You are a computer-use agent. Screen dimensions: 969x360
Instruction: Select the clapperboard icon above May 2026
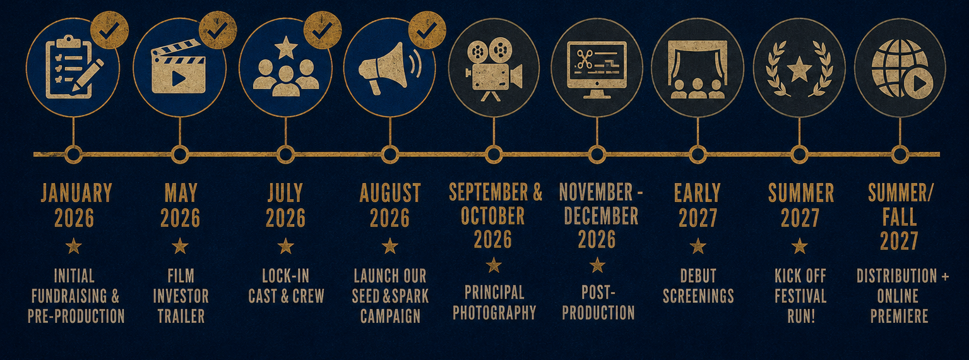178,66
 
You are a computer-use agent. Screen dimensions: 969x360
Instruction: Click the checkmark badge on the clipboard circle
109,30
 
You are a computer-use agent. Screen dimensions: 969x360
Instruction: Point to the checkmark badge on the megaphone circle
427,30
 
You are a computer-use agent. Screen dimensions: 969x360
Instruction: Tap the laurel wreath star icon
799,68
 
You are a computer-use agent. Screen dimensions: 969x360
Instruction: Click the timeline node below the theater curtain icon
698,155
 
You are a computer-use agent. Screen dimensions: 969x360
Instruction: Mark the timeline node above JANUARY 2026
73,155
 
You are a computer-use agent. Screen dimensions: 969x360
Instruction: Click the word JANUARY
76,193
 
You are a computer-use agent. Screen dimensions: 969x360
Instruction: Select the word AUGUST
389,193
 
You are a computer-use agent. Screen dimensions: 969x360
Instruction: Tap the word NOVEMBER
596,191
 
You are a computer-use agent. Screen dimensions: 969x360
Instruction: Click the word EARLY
698,193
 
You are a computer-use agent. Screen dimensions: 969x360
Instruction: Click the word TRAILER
181,316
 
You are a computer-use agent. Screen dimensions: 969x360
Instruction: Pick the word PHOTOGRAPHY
494,313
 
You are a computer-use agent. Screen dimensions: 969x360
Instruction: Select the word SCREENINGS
698,296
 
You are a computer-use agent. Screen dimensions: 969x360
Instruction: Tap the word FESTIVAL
800,296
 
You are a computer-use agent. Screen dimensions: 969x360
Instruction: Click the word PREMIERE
899,316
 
